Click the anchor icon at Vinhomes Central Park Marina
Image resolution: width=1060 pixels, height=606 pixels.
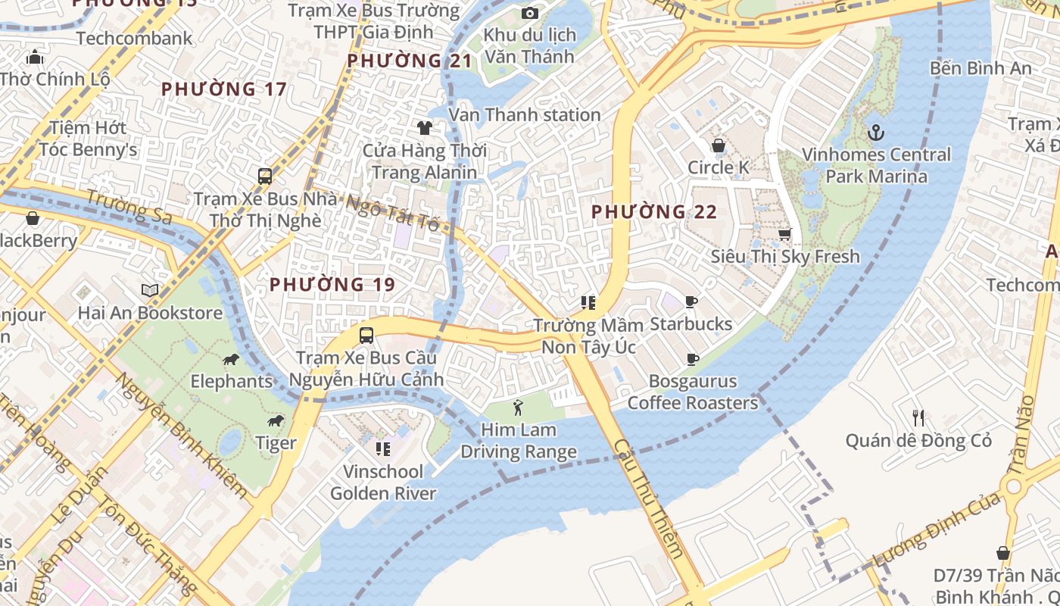[875, 133]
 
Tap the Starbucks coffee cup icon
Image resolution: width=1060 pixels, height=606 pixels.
[691, 302]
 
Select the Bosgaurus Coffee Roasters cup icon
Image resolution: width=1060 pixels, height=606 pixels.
[691, 359]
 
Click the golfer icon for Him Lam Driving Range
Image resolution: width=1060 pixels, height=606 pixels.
[518, 408]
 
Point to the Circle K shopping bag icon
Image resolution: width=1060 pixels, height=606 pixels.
[718, 145]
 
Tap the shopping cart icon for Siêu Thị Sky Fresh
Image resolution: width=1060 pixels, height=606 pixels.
[784, 235]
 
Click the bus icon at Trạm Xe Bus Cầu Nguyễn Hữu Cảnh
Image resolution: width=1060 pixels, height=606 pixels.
[366, 335]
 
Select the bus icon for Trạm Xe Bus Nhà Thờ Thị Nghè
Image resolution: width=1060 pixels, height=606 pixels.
[264, 176]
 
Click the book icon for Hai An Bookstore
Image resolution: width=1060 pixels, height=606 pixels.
[150, 290]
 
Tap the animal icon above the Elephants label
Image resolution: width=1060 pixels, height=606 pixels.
[231, 359]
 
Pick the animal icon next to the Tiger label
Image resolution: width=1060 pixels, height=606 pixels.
[276, 421]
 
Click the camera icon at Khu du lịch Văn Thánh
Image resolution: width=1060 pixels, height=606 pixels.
[530, 13]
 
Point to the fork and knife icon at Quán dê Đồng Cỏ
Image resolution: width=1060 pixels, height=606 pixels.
[918, 417]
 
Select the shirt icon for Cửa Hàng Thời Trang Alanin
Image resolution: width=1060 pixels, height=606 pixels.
[424, 127]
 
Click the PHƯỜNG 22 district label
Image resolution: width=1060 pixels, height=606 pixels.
[653, 212]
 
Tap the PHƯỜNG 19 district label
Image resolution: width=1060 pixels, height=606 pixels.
[332, 285]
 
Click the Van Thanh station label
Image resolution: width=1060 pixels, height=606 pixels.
[524, 114]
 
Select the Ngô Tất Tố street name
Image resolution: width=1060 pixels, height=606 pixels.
[392, 213]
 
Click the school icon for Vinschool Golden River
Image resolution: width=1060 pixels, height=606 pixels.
[383, 449]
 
